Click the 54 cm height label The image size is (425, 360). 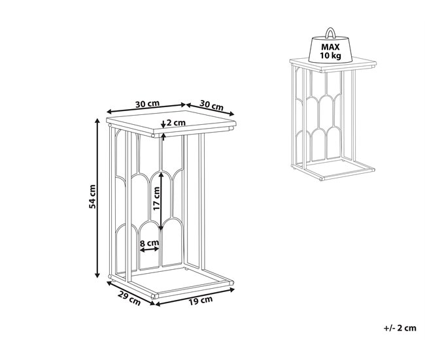pos(92,197)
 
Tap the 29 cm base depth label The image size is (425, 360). pos(129,298)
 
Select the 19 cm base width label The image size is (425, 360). pos(201,300)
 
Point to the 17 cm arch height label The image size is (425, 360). pos(156,199)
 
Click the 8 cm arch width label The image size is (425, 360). pos(149,242)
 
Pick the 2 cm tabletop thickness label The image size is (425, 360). pos(176,123)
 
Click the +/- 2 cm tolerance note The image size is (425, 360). pos(400,328)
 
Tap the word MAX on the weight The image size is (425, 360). pos(330,47)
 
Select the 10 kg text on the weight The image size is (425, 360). pos(330,56)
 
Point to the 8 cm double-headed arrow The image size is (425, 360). pos(150,250)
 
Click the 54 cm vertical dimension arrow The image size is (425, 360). pos(97,198)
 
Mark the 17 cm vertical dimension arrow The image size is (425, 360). pos(161,201)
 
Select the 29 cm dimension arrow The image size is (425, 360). pos(131,293)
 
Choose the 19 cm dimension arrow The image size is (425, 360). pos(195,297)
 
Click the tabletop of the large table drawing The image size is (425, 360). pos(171,123)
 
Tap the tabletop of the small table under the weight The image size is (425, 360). pos(333,65)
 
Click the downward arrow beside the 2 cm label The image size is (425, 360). pos(163,124)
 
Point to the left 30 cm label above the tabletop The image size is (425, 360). pos(148,104)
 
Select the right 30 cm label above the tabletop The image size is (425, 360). pos(212,105)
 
